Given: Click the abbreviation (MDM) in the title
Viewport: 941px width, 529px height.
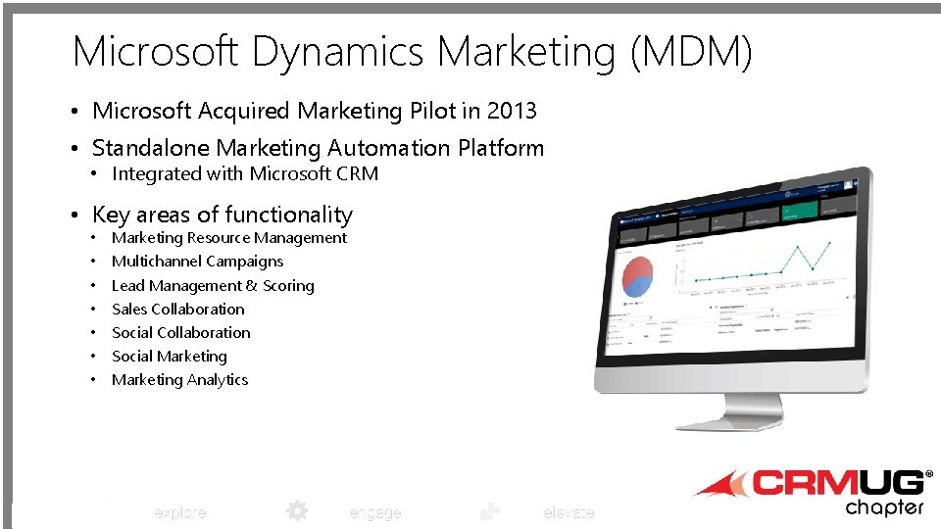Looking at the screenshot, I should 691,51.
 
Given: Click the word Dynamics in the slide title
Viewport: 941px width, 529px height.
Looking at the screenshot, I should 338,51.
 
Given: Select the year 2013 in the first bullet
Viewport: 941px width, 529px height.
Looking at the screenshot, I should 512,111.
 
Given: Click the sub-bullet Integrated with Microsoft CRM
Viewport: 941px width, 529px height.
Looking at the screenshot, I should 244,174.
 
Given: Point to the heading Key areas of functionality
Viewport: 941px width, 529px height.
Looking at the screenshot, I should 222,215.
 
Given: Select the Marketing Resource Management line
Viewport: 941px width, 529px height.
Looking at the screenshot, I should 228,238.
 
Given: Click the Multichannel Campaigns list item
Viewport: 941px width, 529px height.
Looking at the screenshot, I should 197,262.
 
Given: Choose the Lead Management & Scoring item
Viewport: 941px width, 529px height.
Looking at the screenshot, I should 213,286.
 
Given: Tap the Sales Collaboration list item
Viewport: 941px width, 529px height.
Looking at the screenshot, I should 177,310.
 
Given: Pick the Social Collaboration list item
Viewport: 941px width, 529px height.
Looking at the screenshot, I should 180,333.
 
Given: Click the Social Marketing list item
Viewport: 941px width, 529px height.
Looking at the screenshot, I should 169,357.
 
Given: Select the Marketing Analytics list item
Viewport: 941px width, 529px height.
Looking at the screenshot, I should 179,380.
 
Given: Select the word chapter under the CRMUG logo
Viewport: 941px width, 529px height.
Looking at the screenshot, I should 884,507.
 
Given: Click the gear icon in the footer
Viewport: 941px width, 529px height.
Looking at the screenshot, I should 296,510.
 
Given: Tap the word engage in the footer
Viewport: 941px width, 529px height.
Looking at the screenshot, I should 374,512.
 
